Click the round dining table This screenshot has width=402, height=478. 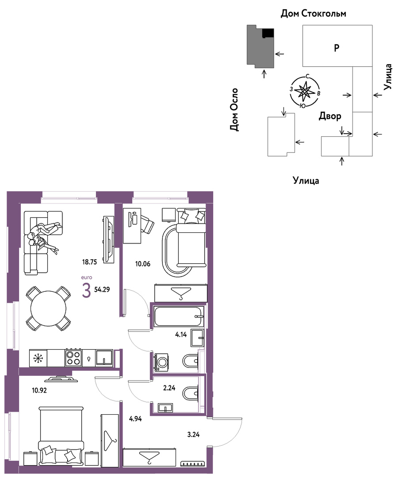click(x=48, y=308)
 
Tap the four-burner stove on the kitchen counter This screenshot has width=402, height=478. click(x=73, y=358)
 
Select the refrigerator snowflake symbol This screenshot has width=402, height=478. click(x=38, y=358)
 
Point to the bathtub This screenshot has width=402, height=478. click(x=179, y=317)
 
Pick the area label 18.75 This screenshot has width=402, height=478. click(x=89, y=262)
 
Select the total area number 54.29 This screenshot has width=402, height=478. click(x=102, y=289)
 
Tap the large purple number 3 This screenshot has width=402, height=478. click(x=87, y=290)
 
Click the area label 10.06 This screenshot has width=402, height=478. click(x=143, y=264)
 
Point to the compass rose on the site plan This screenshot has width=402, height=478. click(x=305, y=92)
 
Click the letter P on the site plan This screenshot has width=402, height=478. click(x=337, y=48)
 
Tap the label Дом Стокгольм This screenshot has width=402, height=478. click(x=314, y=13)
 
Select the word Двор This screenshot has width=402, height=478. click(x=330, y=116)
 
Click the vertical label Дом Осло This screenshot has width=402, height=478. click(x=234, y=110)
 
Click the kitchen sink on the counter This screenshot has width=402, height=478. click(x=104, y=358)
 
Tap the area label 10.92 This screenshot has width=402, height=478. click(x=39, y=390)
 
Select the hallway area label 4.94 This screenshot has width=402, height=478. click(x=135, y=419)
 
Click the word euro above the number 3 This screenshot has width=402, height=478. click(x=87, y=278)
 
